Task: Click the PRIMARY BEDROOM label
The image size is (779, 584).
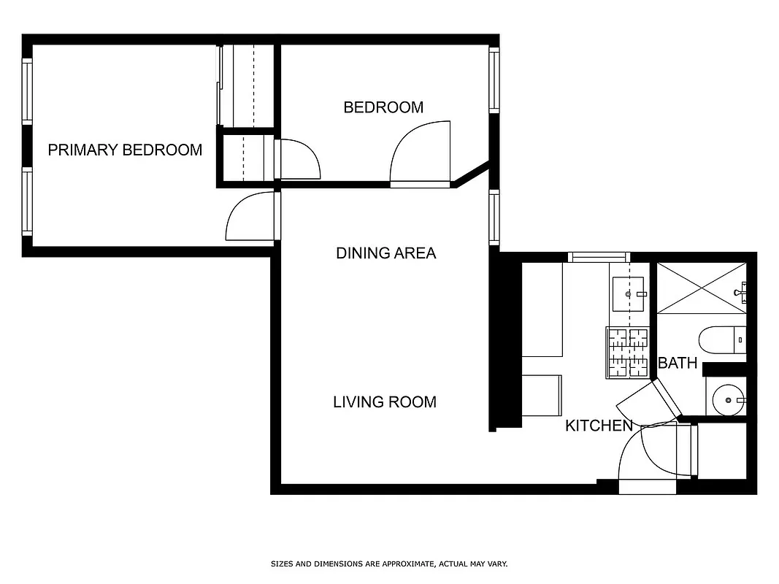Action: (125, 150)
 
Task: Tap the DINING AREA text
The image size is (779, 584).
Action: (385, 253)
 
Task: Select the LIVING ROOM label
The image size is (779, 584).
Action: (385, 402)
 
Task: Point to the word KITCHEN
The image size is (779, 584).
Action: (599, 426)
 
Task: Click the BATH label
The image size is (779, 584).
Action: (678, 363)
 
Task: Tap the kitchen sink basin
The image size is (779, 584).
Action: (629, 294)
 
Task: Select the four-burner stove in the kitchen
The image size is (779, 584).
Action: (627, 352)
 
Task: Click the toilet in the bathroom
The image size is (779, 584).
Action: (722, 339)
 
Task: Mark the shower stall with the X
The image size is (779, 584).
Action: (701, 288)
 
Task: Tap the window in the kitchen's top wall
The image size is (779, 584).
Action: (599, 257)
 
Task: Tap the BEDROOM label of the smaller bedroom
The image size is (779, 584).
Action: (383, 107)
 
